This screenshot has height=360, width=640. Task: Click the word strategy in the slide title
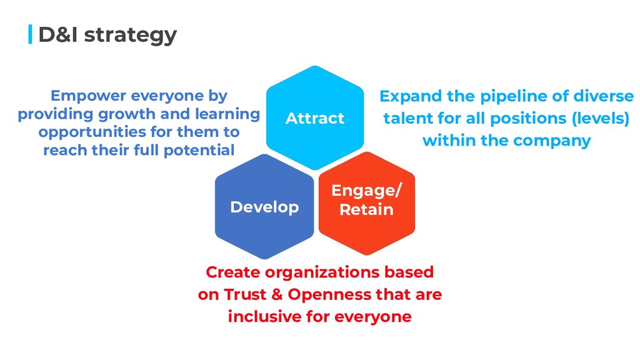click(130, 35)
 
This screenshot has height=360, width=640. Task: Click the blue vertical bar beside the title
click(30, 34)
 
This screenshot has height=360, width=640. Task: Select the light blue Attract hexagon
click(314, 117)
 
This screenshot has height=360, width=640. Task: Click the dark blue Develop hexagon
click(264, 207)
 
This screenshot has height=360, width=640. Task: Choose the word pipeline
click(505, 97)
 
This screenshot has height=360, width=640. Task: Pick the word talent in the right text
click(406, 119)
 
